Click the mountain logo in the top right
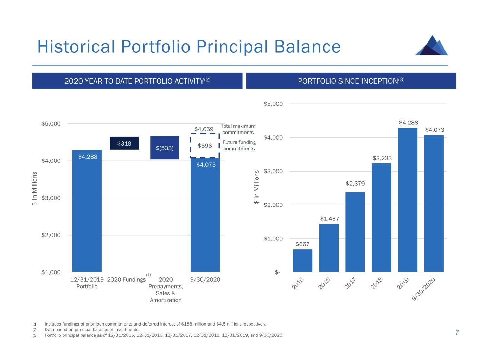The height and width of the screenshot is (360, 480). (x=431, y=45)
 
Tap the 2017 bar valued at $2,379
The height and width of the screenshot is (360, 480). (x=355, y=232)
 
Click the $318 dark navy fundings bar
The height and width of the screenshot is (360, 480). (x=124, y=143)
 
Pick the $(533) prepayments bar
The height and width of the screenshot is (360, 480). (x=165, y=148)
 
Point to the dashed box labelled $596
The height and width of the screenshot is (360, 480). (x=205, y=146)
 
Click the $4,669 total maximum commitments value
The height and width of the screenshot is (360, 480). (x=204, y=129)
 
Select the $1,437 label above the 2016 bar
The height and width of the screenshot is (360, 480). (x=329, y=219)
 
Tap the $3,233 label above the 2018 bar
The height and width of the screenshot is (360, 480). (x=382, y=158)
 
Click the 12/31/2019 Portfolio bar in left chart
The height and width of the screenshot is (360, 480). (x=87, y=211)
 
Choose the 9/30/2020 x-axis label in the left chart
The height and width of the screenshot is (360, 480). (x=205, y=279)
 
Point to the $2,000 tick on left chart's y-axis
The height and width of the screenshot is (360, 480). (x=51, y=235)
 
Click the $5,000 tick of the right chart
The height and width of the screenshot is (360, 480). (x=273, y=104)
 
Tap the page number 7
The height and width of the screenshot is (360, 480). (x=457, y=333)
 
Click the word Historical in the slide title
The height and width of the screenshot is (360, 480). (x=76, y=47)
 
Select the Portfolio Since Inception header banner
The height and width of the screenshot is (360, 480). (x=351, y=81)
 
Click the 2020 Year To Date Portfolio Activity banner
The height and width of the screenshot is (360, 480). (x=137, y=81)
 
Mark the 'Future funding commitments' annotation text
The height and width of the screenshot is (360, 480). (x=239, y=145)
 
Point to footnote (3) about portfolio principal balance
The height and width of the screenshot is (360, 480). (x=164, y=335)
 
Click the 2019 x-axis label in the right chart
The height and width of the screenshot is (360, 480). (x=403, y=283)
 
